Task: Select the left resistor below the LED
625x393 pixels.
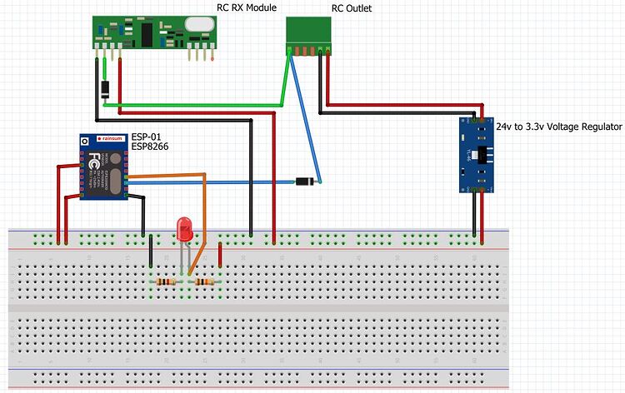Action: tap(166, 282)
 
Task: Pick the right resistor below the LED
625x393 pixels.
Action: tap(205, 282)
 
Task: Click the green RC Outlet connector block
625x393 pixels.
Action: tap(308, 31)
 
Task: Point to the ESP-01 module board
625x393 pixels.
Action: tap(103, 167)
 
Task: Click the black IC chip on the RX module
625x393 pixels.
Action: tap(147, 32)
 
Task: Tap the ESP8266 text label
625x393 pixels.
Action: tap(151, 146)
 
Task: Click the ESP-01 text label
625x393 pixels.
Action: tap(146, 135)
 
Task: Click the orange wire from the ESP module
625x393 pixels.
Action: tap(167, 175)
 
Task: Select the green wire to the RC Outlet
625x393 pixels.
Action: tap(200, 107)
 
